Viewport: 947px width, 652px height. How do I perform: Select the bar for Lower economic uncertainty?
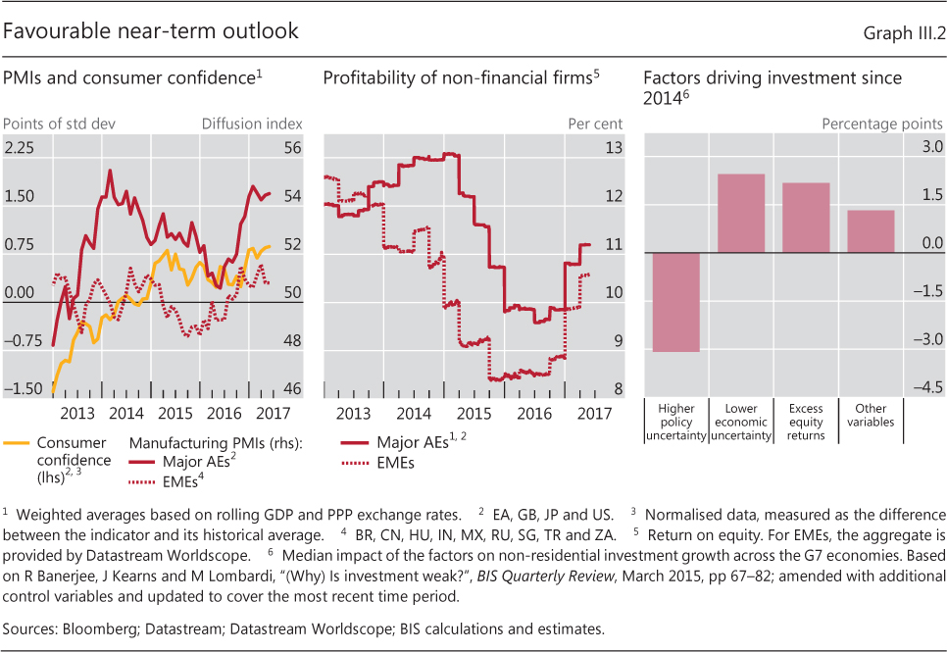click(742, 213)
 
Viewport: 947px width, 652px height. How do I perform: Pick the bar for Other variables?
click(871, 231)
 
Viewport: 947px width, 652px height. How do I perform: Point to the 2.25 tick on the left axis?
click(20, 147)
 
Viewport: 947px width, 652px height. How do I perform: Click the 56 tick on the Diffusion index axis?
click(291, 147)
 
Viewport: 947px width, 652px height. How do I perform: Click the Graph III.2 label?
click(904, 33)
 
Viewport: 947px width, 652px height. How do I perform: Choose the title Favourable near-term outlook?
click(151, 31)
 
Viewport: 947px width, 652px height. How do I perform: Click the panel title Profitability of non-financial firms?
click(457, 77)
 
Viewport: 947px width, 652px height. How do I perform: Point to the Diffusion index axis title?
click(252, 124)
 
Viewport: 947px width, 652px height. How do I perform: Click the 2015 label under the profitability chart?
click(473, 412)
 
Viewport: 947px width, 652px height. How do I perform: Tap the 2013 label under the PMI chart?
click(77, 412)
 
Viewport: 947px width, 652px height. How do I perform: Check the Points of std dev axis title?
click(53, 124)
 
